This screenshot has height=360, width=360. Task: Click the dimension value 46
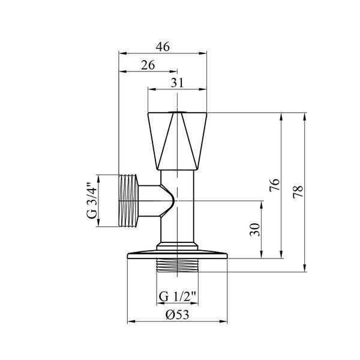[x=163, y=47]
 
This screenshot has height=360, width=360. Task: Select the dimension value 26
[x=148, y=65]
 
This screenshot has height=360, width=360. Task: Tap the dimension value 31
[x=177, y=83]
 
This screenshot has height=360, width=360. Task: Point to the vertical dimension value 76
[x=275, y=185]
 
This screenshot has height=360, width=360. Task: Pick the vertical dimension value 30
[x=255, y=230]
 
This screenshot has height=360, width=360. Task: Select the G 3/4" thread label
[x=92, y=200]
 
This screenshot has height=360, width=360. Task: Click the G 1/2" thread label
[x=178, y=296]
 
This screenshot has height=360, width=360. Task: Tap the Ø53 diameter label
[x=178, y=314]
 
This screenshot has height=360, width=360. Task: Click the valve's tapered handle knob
[x=177, y=141]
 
